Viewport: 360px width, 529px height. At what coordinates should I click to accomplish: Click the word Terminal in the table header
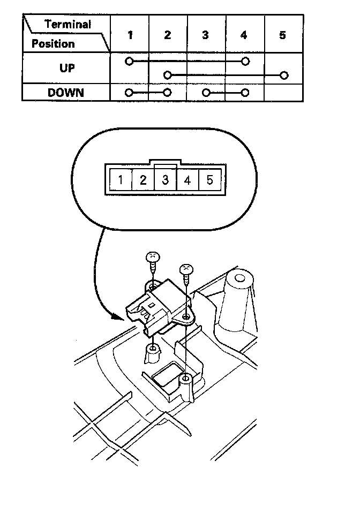point(68,24)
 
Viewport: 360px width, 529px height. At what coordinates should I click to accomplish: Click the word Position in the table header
point(52,43)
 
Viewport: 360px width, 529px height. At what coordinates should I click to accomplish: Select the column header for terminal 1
point(130,35)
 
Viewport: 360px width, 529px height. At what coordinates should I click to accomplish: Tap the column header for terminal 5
point(283,35)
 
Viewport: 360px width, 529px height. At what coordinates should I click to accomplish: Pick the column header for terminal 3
point(206,35)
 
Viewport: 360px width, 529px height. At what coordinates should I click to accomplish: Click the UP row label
point(66,69)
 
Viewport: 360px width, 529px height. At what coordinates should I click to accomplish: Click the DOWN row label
point(66,92)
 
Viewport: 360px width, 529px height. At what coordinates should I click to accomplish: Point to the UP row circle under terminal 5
point(284,75)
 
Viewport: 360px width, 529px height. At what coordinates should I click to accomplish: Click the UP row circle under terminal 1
point(129,62)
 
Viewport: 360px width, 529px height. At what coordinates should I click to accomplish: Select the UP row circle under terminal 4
point(245,62)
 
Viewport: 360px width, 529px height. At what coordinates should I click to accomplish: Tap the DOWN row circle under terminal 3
point(206,92)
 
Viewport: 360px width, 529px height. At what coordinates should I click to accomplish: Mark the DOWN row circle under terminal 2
point(168,92)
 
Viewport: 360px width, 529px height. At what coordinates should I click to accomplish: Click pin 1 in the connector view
point(121,179)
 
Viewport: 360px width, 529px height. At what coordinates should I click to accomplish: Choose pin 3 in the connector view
point(166,179)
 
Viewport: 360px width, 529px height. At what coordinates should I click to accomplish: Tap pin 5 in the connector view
point(209,179)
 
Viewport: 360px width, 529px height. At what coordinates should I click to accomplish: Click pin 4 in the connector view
point(187,179)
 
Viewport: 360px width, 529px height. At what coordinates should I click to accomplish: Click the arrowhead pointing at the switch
point(119,316)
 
